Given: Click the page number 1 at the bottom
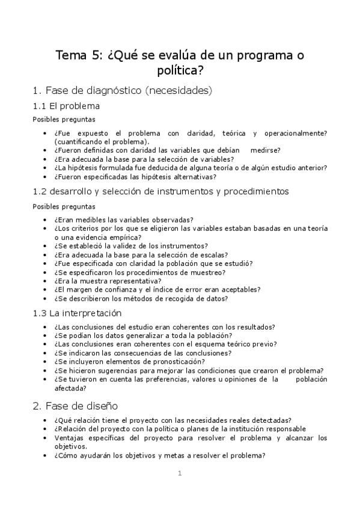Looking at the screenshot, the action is [180, 473].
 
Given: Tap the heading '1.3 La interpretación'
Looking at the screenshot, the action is [77, 313].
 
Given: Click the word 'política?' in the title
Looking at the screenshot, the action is [180, 71].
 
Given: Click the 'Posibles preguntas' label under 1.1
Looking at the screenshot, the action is [63, 119].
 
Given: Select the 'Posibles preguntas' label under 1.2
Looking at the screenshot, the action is [63, 206].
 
